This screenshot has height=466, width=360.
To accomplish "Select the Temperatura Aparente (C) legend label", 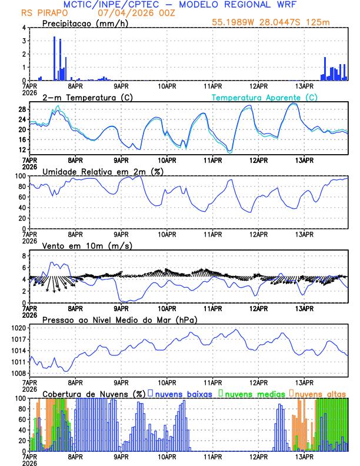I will click(264, 97).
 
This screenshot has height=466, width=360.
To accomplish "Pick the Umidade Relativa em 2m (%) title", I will click(102, 171).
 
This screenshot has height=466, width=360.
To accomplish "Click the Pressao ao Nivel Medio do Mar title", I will click(119, 319).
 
